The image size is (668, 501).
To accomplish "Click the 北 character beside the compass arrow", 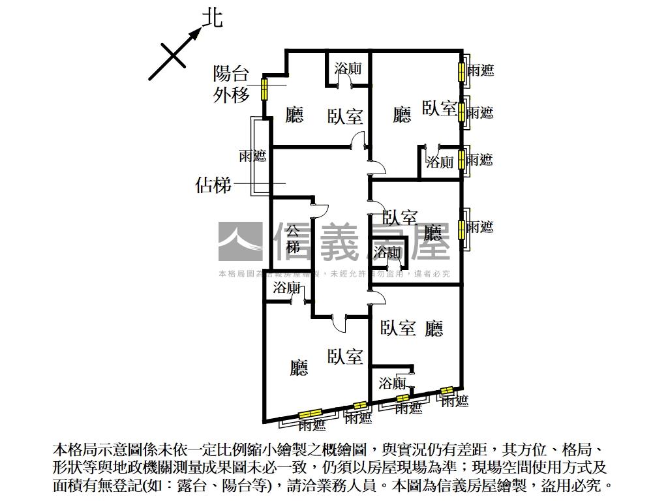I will point(212,18).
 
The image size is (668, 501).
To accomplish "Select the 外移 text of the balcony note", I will point(232,95).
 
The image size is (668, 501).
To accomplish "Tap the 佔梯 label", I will point(213,185).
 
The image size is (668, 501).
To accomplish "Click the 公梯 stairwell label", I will point(293,239).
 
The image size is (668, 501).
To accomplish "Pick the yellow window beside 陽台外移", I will point(265,89).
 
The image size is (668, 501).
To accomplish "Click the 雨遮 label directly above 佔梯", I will point(252,156).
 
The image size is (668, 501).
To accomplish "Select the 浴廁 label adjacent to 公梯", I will point(286,288).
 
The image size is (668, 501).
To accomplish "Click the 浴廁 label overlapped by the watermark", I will point(388,252).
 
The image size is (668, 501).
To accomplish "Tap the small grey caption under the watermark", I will point(334,274).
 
